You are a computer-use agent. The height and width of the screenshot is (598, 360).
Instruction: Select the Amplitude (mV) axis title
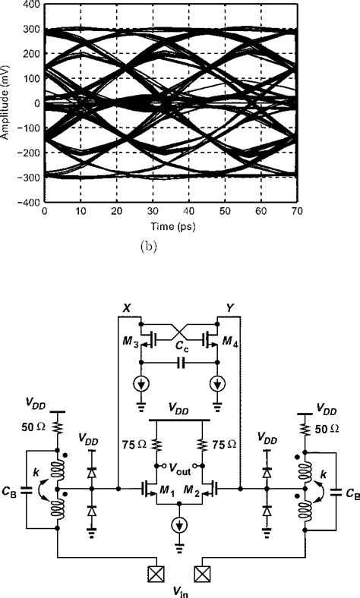click(6, 103)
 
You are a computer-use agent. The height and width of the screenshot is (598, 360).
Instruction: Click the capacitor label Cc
click(179, 348)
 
